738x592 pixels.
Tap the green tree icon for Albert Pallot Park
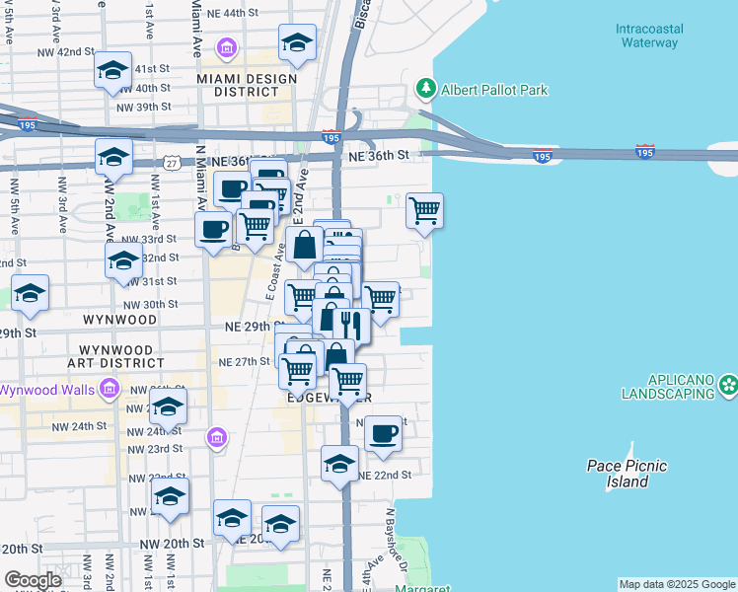coord(426,89)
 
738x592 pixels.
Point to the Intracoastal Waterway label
coord(648,36)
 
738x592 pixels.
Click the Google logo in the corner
coord(33,580)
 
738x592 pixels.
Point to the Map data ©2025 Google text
coord(677,584)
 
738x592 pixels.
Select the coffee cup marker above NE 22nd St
coord(383,432)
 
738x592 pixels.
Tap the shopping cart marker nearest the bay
coord(424,210)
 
